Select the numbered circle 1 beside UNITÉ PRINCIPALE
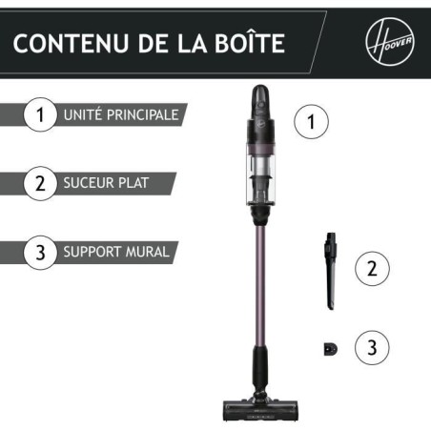40,115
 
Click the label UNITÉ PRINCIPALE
119,115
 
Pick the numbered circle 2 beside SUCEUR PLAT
40,183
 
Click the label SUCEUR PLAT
106,183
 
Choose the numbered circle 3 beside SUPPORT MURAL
40,253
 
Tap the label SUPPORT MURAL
115,253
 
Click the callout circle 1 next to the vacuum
313,121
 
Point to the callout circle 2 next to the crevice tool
373,269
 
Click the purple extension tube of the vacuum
258,286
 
